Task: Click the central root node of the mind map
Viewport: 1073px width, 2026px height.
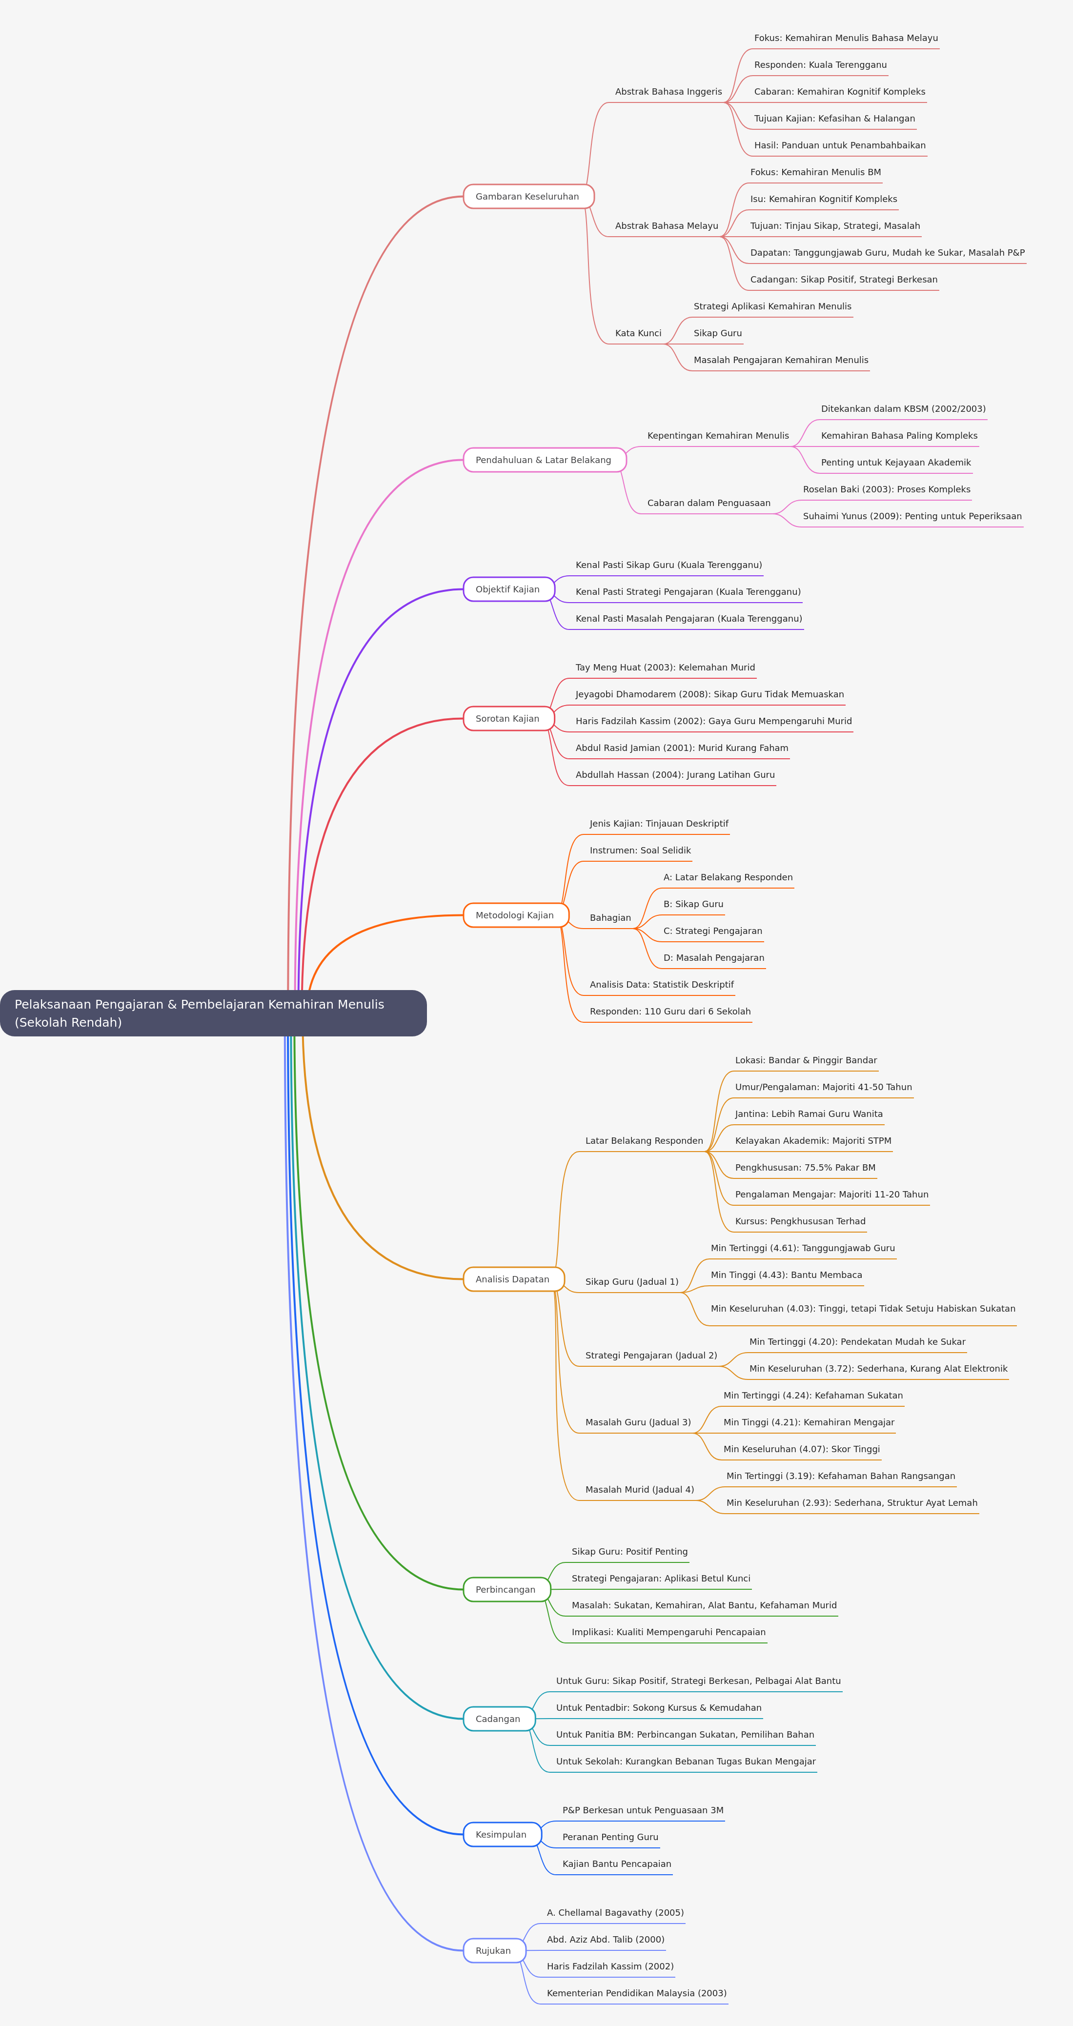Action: click(x=213, y=1013)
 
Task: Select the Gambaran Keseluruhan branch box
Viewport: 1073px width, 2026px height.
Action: click(x=528, y=197)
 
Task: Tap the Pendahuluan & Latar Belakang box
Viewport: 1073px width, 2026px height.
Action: click(x=545, y=460)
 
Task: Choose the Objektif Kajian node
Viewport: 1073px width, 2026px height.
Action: click(x=509, y=589)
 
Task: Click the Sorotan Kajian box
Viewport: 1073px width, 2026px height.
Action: click(x=509, y=719)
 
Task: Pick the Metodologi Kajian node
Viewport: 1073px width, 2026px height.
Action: click(x=516, y=915)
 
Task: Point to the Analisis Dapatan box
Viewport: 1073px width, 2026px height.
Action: click(x=514, y=1279)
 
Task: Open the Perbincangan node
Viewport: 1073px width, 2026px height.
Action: click(x=506, y=1589)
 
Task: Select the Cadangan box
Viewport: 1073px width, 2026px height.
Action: click(x=499, y=1719)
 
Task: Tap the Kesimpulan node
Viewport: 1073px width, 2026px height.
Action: click(x=502, y=1834)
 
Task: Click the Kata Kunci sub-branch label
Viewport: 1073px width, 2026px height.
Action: click(x=638, y=333)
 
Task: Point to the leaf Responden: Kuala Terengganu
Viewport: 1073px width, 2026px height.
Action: click(x=820, y=65)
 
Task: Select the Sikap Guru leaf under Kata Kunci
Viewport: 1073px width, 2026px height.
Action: click(x=717, y=333)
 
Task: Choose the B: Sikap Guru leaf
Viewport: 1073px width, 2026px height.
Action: click(x=693, y=905)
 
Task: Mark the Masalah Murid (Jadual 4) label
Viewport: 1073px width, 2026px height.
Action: click(x=640, y=1490)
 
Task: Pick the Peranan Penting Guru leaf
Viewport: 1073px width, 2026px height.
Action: click(x=610, y=1837)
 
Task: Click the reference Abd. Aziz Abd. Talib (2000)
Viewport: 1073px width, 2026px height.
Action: click(x=606, y=1940)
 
